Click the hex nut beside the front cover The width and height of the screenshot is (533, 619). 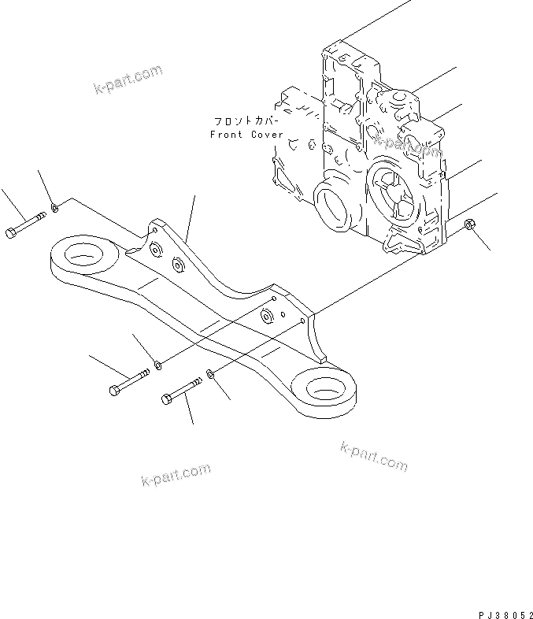pyautogui.click(x=469, y=226)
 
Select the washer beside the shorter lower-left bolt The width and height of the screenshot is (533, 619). pyautogui.click(x=158, y=364)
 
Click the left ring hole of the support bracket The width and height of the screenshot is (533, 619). pyautogui.click(x=80, y=254)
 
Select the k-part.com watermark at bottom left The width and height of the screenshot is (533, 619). pyautogui.click(x=176, y=475)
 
